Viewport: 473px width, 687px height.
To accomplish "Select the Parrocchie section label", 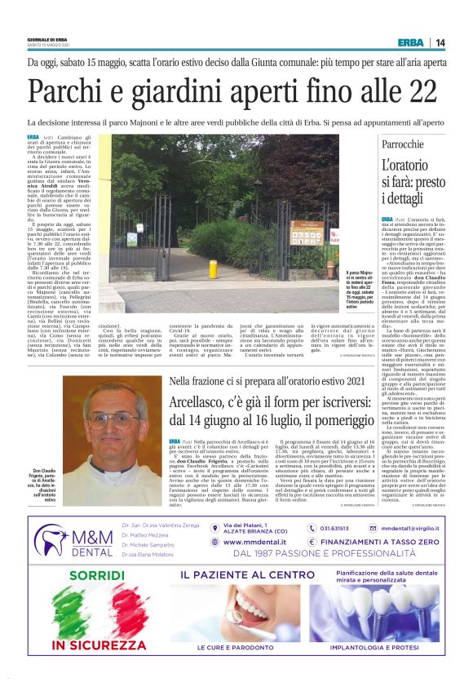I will [x=403, y=144].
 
